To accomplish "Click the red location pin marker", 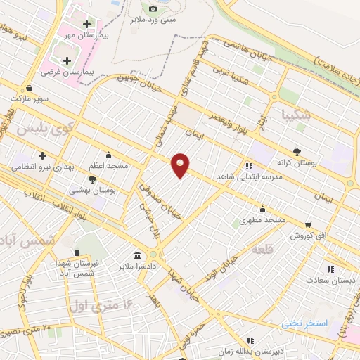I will pyautogui.click(x=181, y=165).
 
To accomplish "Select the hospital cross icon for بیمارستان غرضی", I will pyautogui.click(x=67, y=60).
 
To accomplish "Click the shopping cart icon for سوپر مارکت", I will pyautogui.click(x=30, y=88).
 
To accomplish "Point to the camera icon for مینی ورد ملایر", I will pyautogui.click(x=153, y=8).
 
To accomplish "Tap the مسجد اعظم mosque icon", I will pyautogui.click(x=108, y=155).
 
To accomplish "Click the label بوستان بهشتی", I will pyautogui.click(x=93, y=190).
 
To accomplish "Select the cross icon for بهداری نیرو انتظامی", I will pyautogui.click(x=42, y=155).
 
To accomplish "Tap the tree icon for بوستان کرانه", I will pyautogui.click(x=297, y=151).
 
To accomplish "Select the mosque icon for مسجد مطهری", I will pyautogui.click(x=262, y=208).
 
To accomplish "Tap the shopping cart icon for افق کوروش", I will pyautogui.click(x=307, y=225).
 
